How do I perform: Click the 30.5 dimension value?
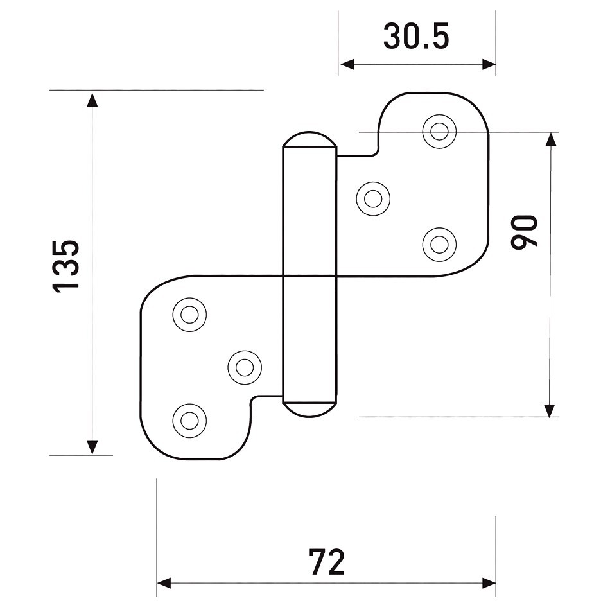(416, 36)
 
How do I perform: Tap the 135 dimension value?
(65, 266)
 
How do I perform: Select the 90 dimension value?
(523, 232)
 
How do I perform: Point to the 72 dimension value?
(327, 562)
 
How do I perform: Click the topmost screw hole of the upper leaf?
(439, 132)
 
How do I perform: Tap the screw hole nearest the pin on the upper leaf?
(373, 199)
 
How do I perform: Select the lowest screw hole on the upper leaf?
(439, 245)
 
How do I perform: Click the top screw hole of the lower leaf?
(189, 315)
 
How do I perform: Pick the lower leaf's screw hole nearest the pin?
(245, 367)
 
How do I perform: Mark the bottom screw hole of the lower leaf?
(189, 420)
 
